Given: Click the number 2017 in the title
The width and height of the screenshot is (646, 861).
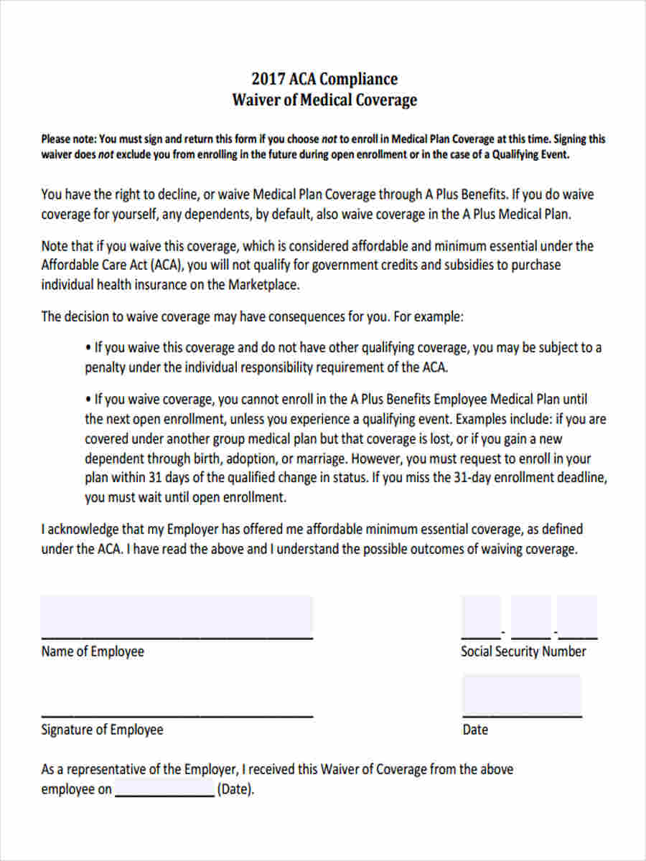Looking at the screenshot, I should [267, 79].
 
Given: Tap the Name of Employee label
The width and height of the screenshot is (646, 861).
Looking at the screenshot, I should [93, 651].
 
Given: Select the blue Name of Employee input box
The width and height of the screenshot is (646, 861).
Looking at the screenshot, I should [177, 615].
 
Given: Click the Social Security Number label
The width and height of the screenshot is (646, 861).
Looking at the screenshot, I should [523, 651].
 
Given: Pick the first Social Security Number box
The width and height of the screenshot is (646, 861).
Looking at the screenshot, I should [481, 616].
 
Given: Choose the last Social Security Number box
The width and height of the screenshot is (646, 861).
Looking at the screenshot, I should [577, 616].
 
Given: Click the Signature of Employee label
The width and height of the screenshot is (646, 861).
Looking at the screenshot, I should [102, 730].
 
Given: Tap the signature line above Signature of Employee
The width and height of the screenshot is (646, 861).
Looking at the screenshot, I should [177, 715].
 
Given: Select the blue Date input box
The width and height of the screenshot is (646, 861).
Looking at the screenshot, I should [522, 694].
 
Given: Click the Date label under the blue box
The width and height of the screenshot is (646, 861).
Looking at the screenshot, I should [475, 730].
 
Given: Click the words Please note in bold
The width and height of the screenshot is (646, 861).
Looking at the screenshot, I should [67, 139].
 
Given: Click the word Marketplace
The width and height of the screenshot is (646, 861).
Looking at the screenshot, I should [263, 284].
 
